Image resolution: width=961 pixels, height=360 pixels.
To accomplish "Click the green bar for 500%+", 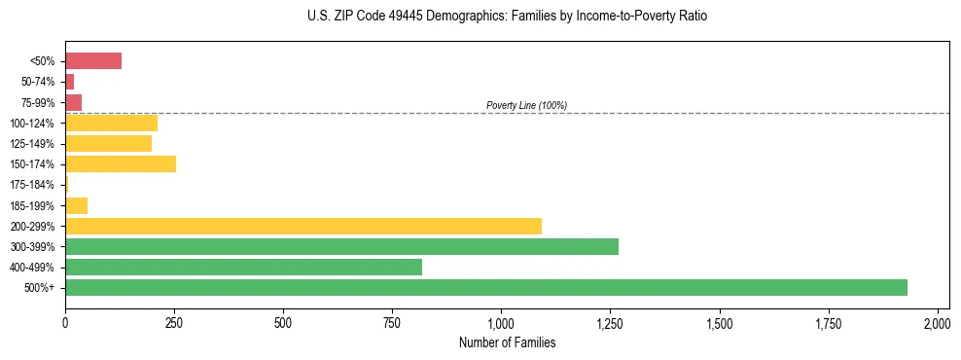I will [x=486, y=287].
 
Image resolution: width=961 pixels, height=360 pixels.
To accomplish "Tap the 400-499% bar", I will [x=243, y=267].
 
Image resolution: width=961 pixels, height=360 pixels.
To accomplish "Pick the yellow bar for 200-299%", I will [x=303, y=226].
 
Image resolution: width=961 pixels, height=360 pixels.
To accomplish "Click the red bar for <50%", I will [x=93, y=61].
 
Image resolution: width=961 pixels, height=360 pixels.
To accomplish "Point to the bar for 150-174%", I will [x=121, y=164].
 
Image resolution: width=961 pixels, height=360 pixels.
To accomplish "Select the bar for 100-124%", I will [x=111, y=123].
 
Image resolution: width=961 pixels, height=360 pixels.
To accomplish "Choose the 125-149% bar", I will [x=108, y=144].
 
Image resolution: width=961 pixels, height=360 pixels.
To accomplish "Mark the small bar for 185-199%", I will [x=76, y=205].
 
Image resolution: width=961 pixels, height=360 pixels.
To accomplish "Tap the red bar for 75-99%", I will [x=73, y=102].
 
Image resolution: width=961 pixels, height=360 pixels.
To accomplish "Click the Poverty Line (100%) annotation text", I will [x=526, y=105].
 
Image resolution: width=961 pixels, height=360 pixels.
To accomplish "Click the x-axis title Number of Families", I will [x=501, y=342].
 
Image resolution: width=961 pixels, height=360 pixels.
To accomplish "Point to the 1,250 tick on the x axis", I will [x=609, y=322].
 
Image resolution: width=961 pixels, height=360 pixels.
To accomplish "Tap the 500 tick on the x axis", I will [x=283, y=322].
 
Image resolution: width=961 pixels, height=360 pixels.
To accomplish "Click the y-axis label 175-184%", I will [x=32, y=185].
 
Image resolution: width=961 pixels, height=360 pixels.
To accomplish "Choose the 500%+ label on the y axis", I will [x=40, y=288].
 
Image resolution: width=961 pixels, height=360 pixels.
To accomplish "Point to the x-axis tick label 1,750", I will [x=720, y=322].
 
